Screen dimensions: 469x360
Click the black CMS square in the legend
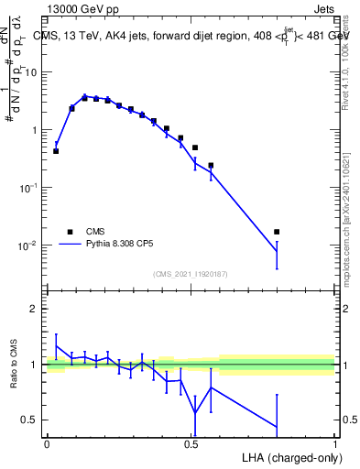69,232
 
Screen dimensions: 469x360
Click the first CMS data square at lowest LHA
56,151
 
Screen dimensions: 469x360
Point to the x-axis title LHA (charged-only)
292,455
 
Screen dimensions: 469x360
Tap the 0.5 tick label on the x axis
191,442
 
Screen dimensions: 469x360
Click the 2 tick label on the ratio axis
35,309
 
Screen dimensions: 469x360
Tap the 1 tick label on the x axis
335,442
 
